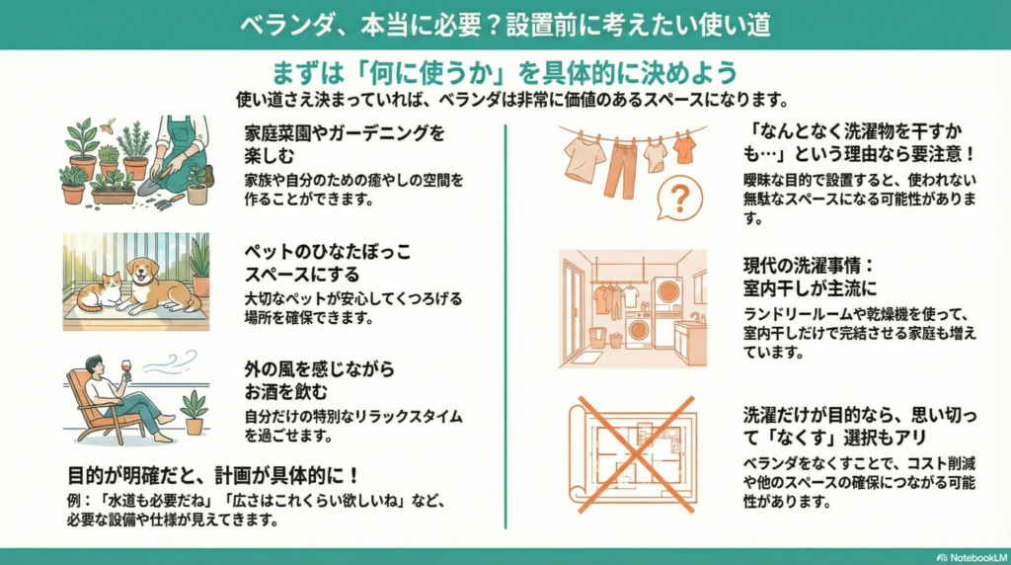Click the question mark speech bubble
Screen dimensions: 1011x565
point(679,198)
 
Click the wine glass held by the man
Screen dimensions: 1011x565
point(125,368)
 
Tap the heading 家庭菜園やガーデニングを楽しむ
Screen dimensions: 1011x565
point(345,144)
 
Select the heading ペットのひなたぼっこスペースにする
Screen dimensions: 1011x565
point(328,263)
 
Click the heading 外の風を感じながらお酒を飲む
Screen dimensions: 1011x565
point(319,380)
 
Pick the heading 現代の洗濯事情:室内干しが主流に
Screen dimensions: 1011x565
point(810,276)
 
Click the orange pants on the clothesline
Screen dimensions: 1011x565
point(620,169)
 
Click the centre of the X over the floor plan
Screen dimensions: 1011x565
point(634,454)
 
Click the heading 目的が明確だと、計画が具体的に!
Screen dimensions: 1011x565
point(213,476)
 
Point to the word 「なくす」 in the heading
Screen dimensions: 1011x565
point(802,438)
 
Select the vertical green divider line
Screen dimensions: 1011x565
point(505,326)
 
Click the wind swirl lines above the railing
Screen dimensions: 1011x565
point(170,363)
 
